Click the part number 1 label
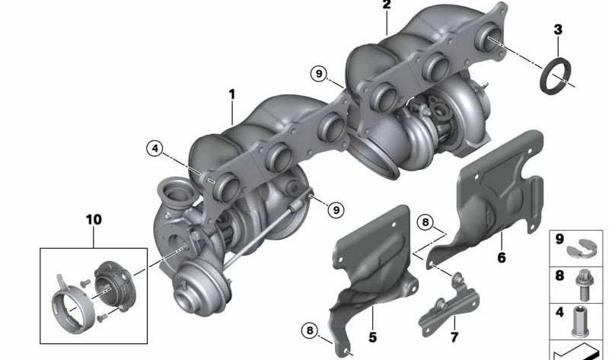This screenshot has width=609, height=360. tap(232, 95)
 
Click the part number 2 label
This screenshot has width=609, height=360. tap(386, 6)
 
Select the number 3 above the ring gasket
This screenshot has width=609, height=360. tap(558, 30)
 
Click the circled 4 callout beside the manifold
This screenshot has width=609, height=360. tap(156, 150)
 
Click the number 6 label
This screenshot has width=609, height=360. tap(501, 258)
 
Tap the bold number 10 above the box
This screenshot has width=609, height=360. tap(93, 220)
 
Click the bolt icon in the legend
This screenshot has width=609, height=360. tap(584, 283)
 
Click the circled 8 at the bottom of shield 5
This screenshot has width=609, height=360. tap(309, 331)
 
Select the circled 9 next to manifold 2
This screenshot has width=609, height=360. tap(319, 74)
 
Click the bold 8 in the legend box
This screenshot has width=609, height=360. tap(560, 276)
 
